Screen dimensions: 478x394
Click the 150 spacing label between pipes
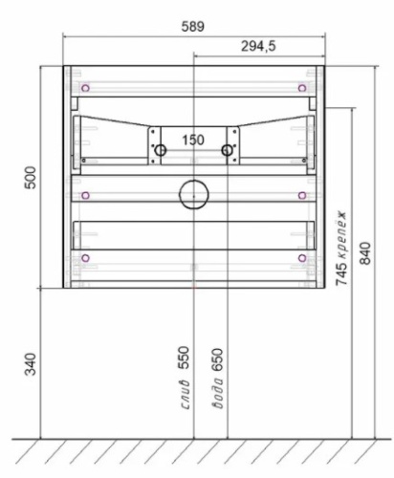[193, 140]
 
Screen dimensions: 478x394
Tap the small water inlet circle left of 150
[160, 150]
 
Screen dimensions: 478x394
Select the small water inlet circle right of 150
[228, 149]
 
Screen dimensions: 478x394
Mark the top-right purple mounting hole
[302, 87]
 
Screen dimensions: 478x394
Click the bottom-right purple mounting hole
[302, 257]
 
